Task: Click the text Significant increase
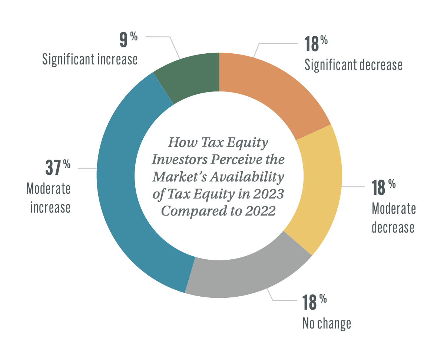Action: [90, 59]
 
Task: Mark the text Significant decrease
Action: [353, 65]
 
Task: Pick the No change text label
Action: [327, 323]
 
